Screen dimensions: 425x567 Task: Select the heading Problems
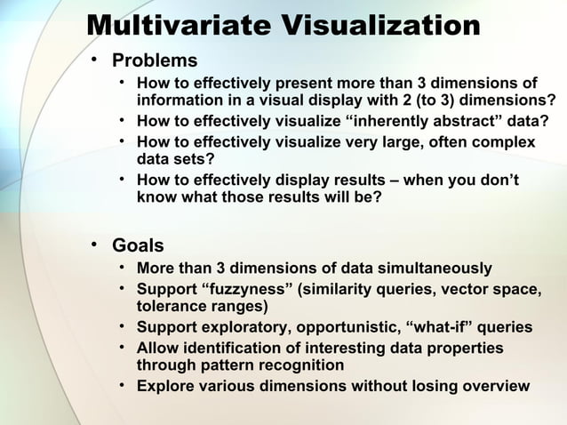tap(155, 60)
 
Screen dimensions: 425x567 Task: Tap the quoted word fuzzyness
tap(252, 290)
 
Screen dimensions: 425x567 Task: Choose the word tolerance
tap(171, 306)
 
